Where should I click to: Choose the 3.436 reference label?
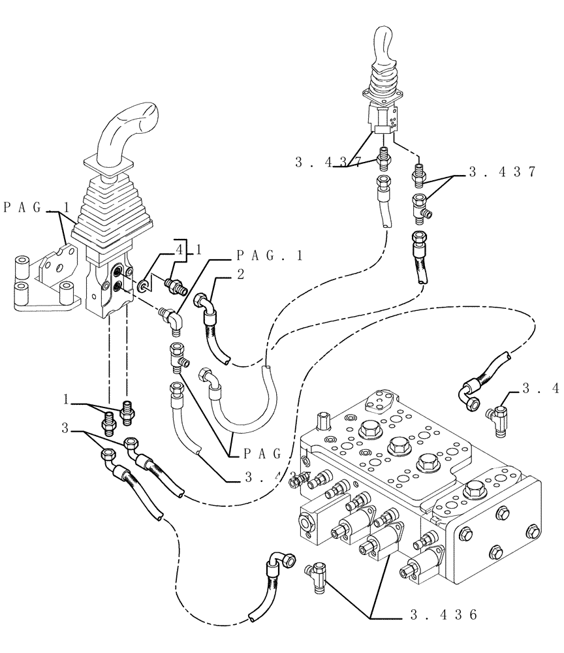pyautogui.click(x=443, y=614)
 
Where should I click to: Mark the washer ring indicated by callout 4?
pyautogui.click(x=142, y=285)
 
